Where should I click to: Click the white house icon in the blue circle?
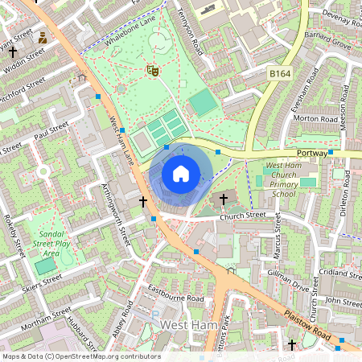(x=181, y=173)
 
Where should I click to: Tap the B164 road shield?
(x=278, y=73)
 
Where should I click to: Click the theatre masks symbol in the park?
(x=151, y=72)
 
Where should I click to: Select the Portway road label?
(x=312, y=152)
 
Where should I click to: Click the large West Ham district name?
(x=189, y=324)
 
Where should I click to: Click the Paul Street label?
(x=51, y=131)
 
